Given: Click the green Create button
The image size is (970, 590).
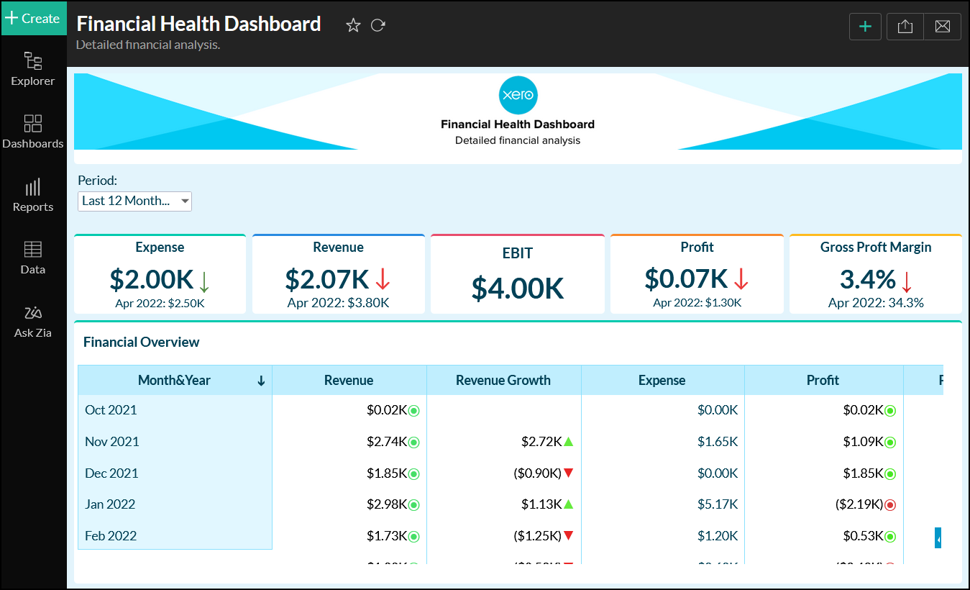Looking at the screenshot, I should [x=33, y=18].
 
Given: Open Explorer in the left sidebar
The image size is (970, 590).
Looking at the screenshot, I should [x=33, y=68].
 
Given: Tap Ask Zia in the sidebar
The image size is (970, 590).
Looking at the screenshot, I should [x=33, y=322].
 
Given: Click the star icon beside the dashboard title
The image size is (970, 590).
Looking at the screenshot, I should [x=353, y=25].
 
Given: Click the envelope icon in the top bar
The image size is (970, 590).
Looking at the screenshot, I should [x=942, y=26].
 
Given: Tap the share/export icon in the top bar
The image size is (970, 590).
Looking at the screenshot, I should [x=905, y=26].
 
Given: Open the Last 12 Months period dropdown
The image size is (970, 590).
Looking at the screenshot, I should [x=134, y=201].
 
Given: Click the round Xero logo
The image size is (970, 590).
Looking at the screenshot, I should [x=518, y=95].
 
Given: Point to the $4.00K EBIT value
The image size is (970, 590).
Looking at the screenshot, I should [x=518, y=288].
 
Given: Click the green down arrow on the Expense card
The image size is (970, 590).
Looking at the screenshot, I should [x=204, y=280].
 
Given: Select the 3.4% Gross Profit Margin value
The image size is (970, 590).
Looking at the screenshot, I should [x=867, y=279].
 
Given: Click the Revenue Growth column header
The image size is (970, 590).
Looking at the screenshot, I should [x=503, y=381].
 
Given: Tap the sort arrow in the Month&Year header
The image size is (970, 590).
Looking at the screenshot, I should [x=261, y=381].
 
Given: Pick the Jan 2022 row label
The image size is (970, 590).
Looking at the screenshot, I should [x=110, y=504].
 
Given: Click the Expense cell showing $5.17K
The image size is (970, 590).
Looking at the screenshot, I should [x=718, y=504].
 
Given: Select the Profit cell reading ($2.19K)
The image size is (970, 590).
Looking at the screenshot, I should [x=859, y=504].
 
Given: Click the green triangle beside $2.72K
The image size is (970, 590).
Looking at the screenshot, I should [x=568, y=441].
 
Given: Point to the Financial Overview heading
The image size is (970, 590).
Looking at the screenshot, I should [x=142, y=342].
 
